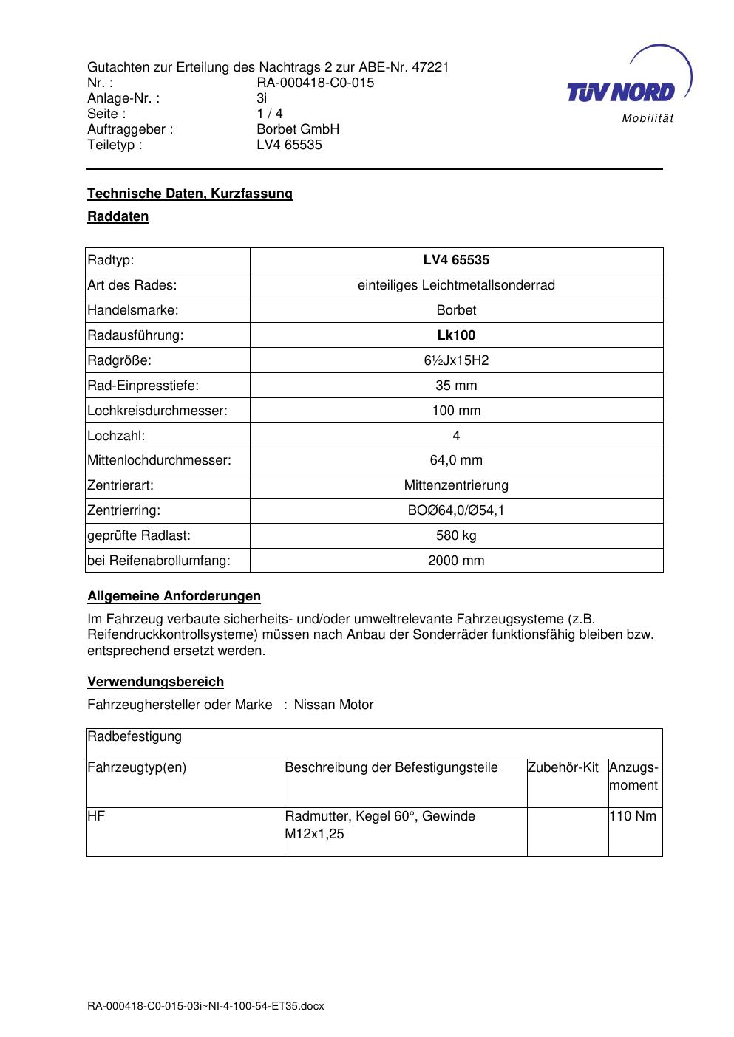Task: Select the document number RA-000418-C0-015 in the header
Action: coord(315,83)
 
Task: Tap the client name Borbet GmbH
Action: coord(298,129)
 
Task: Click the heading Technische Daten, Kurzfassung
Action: coord(190,194)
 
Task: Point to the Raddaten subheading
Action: coord(118,216)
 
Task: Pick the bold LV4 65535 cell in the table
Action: coord(456,260)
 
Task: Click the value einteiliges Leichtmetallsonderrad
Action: coord(456,285)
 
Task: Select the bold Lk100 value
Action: coord(456,335)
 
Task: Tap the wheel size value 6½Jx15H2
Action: coord(456,360)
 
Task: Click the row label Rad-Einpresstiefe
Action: coord(143,386)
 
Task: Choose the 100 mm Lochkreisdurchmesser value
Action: coord(456,411)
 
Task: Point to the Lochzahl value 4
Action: coord(456,436)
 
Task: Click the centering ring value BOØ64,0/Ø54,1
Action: coord(456,510)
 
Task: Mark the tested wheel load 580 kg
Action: coord(456,535)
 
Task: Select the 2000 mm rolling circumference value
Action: coord(456,561)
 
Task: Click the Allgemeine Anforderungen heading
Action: coord(174,596)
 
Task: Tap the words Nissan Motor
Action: coord(333,705)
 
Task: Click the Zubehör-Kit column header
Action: coord(563,768)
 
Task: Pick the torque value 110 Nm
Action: coord(633,817)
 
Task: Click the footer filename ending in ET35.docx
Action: coord(205,1006)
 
